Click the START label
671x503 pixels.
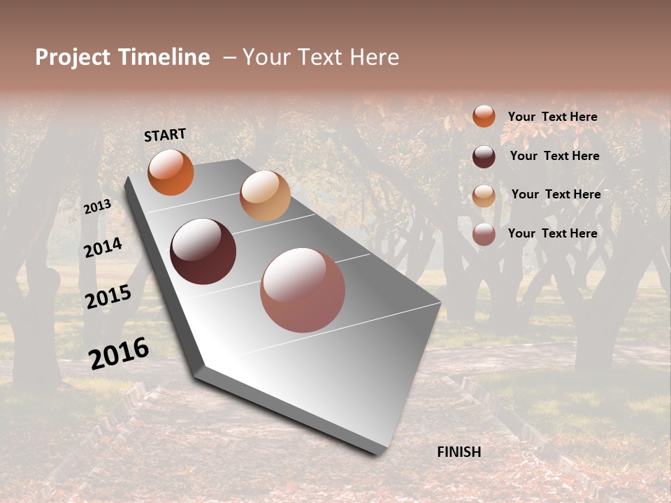point(165,135)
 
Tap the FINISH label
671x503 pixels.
point(459,452)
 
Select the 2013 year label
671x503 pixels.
point(97,207)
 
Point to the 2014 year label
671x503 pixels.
point(103,247)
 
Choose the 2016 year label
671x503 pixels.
point(119,353)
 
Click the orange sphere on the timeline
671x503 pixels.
point(171,172)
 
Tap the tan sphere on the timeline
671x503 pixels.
point(265,196)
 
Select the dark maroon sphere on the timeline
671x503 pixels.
point(203,251)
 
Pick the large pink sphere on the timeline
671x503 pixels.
point(303,290)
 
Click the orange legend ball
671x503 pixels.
point(484,116)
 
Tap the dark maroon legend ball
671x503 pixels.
point(484,156)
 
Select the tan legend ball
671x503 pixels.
point(484,196)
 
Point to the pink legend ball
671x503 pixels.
point(484,234)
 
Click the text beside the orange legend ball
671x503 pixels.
point(552,117)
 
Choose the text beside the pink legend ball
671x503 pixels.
point(552,233)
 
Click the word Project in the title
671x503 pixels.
point(73,57)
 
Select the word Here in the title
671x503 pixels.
point(373,57)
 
